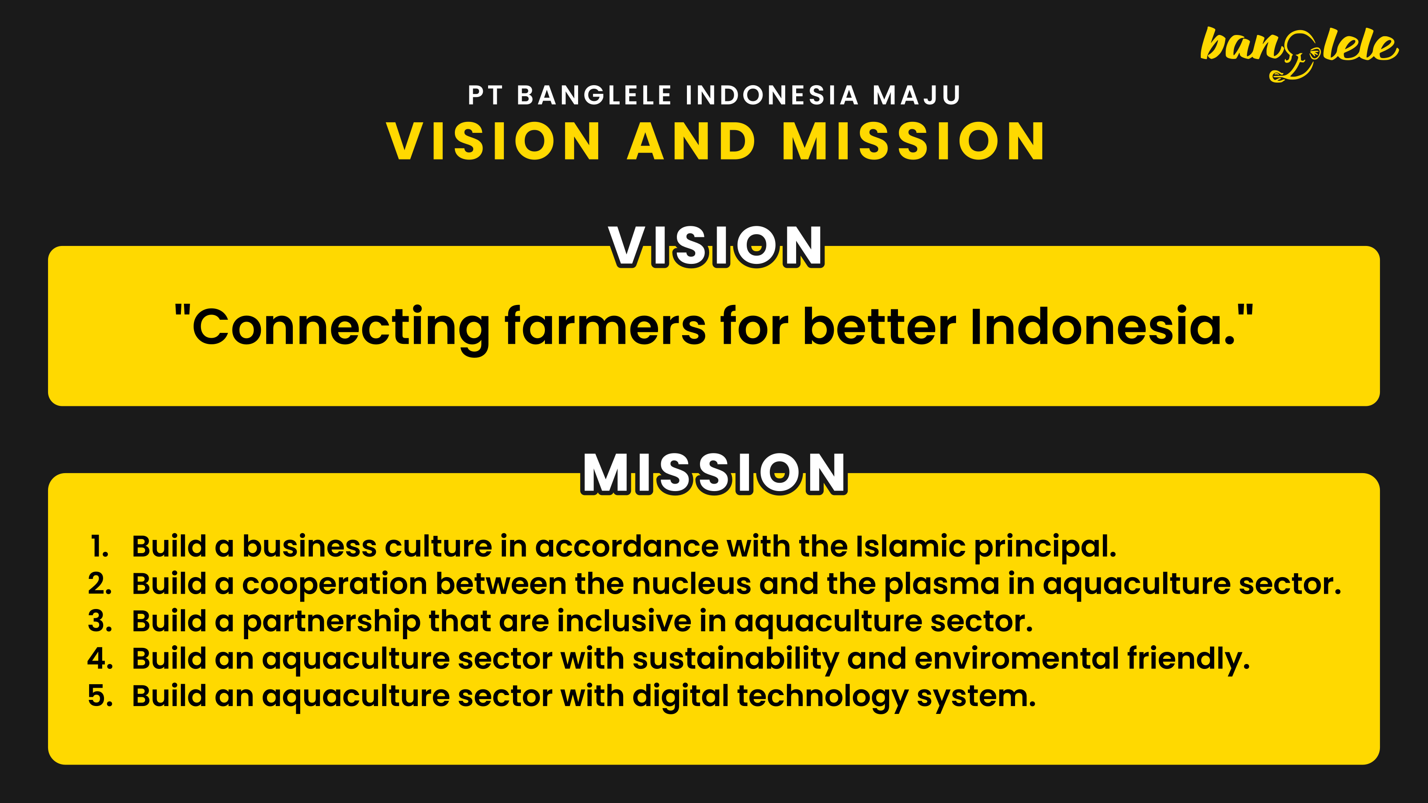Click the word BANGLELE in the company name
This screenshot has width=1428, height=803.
click(x=595, y=95)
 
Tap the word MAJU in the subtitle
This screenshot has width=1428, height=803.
click(x=916, y=95)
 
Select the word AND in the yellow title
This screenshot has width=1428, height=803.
click(x=691, y=142)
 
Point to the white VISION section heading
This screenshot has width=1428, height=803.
click(x=716, y=246)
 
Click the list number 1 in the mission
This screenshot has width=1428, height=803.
click(x=100, y=547)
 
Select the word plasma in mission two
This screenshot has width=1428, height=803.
click(x=942, y=585)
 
